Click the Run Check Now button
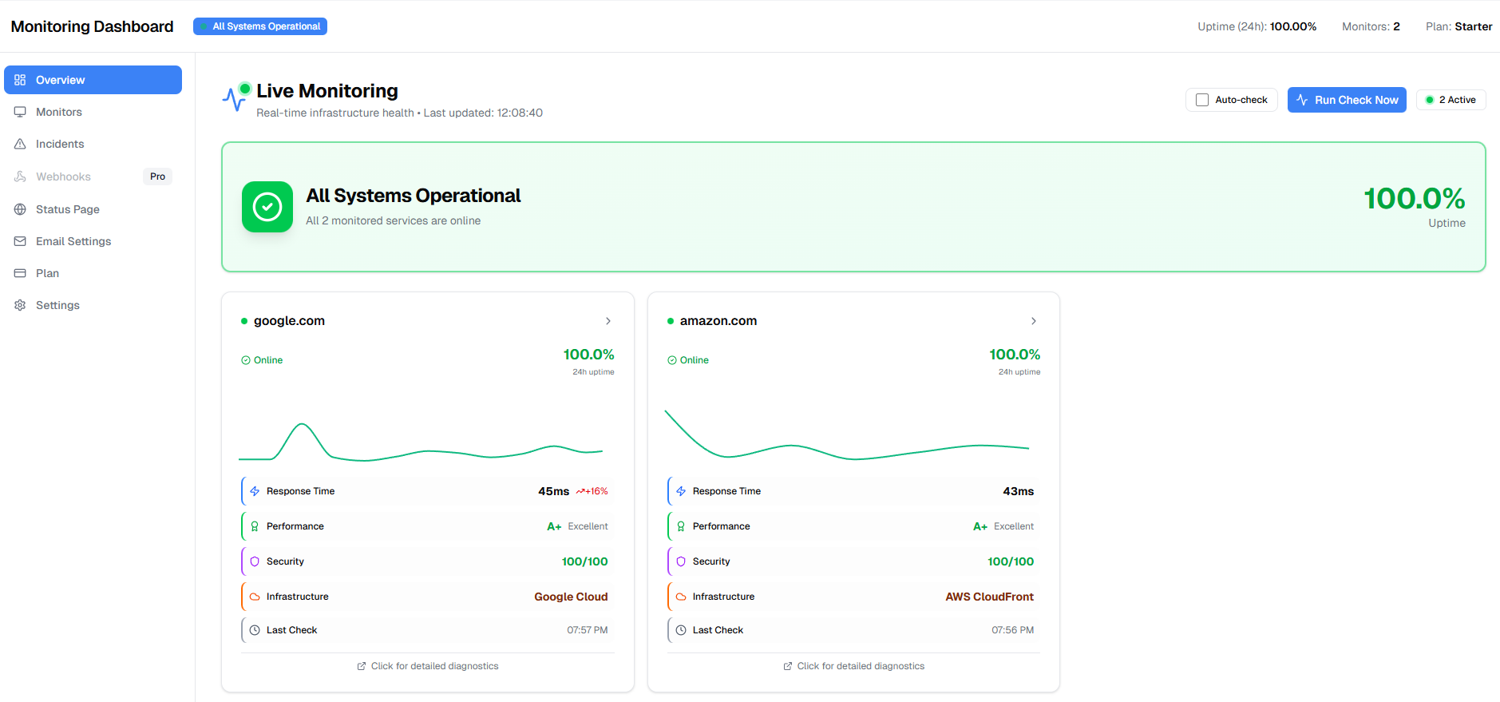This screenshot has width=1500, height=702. (x=1346, y=100)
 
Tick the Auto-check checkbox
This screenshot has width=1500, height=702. (x=1202, y=100)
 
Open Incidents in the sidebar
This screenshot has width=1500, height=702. (x=60, y=144)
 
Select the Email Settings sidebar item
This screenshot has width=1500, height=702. (x=73, y=241)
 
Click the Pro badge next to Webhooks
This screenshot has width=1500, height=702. (x=157, y=176)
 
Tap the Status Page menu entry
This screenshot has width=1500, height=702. (x=68, y=209)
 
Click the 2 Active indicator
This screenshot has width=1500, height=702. (x=1451, y=100)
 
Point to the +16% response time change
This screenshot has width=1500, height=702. (x=592, y=491)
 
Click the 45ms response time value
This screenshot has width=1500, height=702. (x=553, y=491)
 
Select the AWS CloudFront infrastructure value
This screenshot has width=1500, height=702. (x=989, y=597)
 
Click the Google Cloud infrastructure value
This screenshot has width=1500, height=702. (x=571, y=597)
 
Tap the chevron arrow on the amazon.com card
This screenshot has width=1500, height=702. (x=1034, y=321)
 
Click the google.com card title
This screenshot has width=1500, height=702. (x=289, y=321)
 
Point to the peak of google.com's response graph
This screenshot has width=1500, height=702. (x=303, y=424)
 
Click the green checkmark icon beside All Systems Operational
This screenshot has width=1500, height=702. (x=267, y=207)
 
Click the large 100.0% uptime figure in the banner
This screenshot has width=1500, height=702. (x=1414, y=198)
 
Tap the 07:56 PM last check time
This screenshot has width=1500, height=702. (x=1012, y=630)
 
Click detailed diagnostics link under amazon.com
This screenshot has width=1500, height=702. (x=860, y=666)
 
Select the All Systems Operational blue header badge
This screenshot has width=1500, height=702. (x=260, y=26)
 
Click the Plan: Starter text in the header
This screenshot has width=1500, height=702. (x=1458, y=26)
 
